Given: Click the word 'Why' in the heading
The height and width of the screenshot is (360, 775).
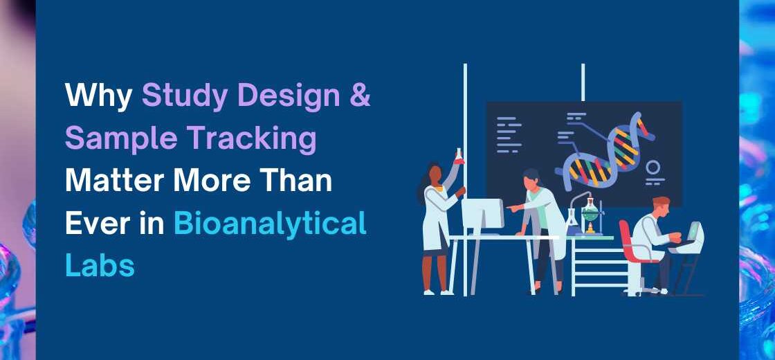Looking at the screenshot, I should tap(99, 96).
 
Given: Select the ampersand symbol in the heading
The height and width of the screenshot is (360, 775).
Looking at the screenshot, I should tap(358, 96).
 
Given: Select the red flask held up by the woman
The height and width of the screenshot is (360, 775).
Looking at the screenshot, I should tap(457, 156).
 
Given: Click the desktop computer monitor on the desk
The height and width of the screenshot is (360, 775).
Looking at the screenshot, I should tap(482, 215).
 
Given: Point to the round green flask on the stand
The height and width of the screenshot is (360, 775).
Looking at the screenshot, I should tap(590, 207).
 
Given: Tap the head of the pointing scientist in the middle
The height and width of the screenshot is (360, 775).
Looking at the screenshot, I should tap(531, 179).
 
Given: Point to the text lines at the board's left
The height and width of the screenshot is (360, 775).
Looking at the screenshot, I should tap(508, 134).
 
